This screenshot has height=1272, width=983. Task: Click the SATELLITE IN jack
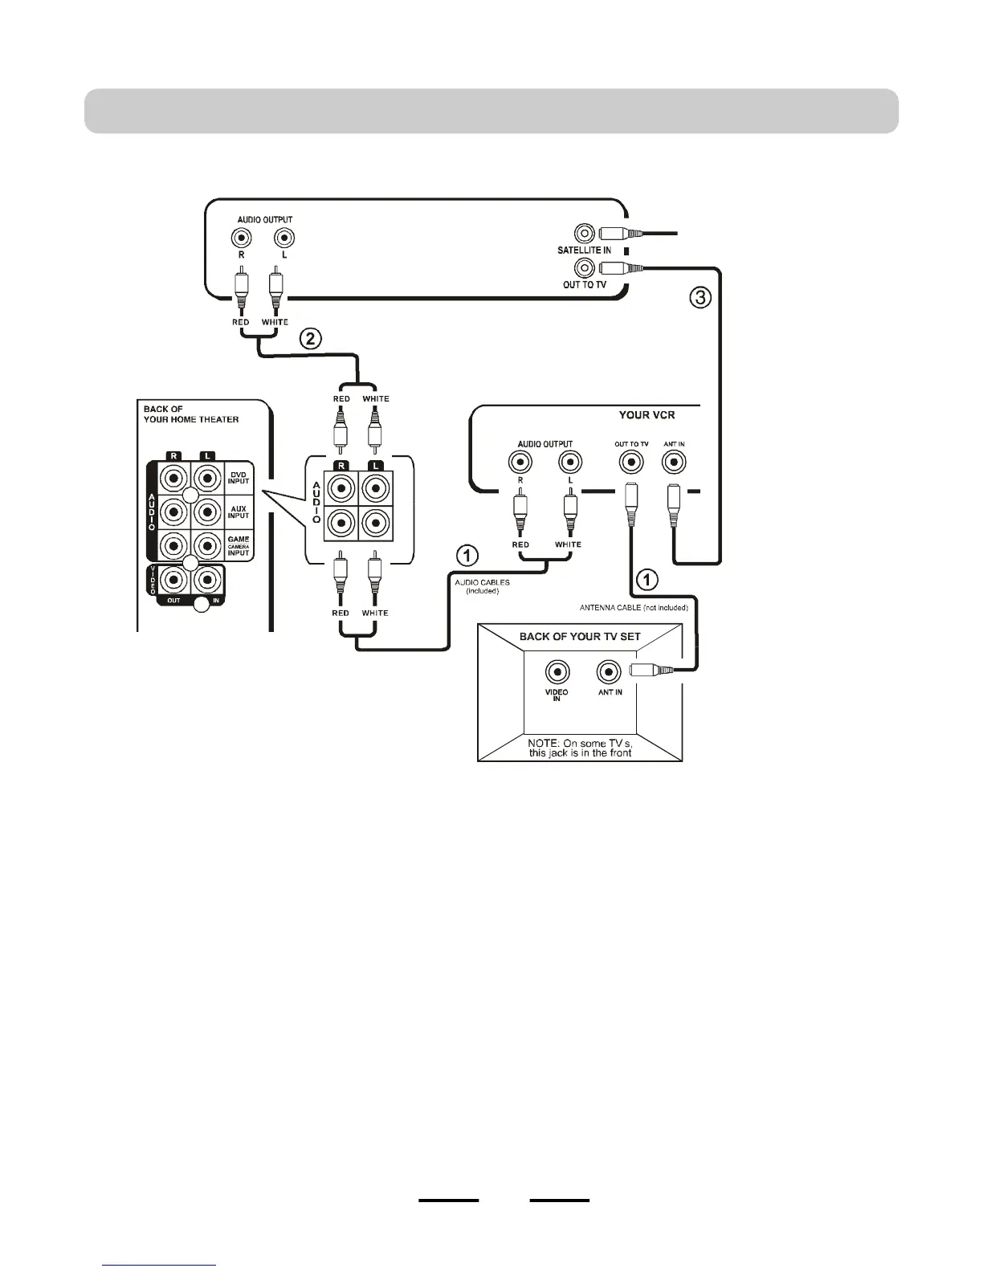(x=585, y=234)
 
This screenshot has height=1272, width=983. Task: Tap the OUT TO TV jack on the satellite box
(x=585, y=268)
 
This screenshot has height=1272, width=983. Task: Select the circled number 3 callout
(x=701, y=299)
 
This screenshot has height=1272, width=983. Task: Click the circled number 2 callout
(x=311, y=339)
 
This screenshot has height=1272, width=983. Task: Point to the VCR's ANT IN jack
(x=673, y=463)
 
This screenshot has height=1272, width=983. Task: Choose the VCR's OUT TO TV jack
(x=630, y=463)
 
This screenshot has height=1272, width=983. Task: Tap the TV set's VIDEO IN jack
(x=557, y=671)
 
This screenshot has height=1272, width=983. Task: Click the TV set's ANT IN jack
(x=610, y=671)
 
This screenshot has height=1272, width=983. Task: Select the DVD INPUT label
(x=239, y=478)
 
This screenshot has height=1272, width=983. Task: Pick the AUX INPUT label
(x=239, y=512)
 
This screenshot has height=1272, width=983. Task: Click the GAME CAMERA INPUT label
(x=239, y=546)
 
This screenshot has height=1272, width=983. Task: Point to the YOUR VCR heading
(x=646, y=415)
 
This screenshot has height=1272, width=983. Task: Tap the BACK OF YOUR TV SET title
(x=580, y=636)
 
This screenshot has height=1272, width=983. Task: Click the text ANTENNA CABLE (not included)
(x=634, y=608)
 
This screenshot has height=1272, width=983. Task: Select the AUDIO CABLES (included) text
(x=482, y=586)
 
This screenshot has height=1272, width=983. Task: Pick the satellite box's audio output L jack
(x=283, y=238)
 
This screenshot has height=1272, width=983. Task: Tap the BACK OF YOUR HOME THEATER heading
(x=191, y=414)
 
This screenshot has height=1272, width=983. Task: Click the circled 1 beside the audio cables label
(x=467, y=556)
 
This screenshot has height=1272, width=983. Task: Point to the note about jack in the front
(x=580, y=748)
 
